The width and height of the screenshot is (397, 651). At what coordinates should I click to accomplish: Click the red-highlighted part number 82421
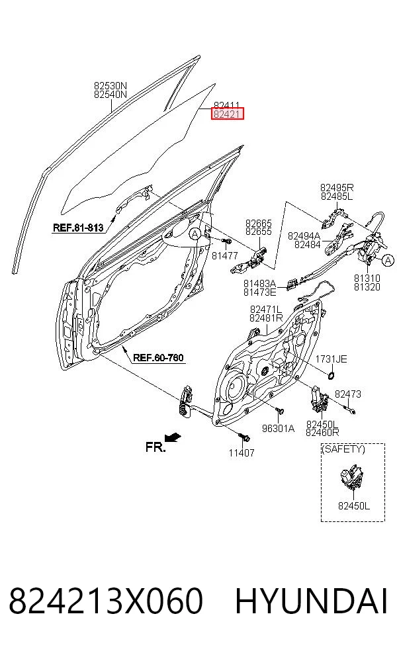click(227, 113)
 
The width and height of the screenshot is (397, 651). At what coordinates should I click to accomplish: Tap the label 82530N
click(110, 86)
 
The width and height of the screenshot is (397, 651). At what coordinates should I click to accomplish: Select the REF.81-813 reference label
click(78, 228)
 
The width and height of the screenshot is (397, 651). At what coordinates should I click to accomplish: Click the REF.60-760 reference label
click(158, 357)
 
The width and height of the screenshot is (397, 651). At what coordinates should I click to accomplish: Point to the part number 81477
click(225, 256)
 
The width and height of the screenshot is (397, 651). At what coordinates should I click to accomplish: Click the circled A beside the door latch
click(388, 261)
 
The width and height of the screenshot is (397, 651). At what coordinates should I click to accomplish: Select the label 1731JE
click(331, 359)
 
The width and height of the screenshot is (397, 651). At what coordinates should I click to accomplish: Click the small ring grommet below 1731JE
click(331, 376)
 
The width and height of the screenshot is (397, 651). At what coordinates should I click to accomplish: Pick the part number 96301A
click(279, 429)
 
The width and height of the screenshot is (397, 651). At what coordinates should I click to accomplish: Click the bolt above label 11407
click(243, 437)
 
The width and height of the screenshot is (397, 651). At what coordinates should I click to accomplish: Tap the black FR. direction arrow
click(172, 437)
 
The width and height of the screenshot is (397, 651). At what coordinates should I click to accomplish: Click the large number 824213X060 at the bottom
click(107, 601)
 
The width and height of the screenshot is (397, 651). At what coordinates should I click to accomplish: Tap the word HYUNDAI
click(312, 601)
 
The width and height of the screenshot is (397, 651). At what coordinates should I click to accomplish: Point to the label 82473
click(348, 394)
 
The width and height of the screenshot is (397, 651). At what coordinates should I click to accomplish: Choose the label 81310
click(367, 278)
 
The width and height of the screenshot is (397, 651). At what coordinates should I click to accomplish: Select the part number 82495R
click(337, 188)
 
